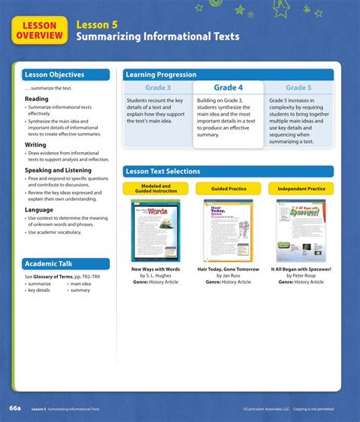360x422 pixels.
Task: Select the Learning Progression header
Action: coord(228,75)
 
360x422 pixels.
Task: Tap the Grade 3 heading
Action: coord(157,88)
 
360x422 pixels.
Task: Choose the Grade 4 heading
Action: coord(228,88)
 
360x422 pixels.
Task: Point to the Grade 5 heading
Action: coord(298,88)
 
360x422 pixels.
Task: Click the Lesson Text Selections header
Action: coord(228,172)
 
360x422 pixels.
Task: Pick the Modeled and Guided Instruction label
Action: coord(156,189)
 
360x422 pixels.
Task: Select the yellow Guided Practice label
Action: coord(229,189)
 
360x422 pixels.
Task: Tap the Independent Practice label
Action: coord(302,189)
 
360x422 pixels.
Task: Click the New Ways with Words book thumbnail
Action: coord(156,230)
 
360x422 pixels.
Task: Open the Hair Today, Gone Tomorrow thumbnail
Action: coord(229,230)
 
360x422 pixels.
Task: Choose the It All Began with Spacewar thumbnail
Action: coord(302,230)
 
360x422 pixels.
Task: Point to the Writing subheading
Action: coord(36,144)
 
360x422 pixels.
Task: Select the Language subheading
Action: coord(39,209)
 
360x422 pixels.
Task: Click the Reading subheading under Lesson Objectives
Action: coord(36,99)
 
